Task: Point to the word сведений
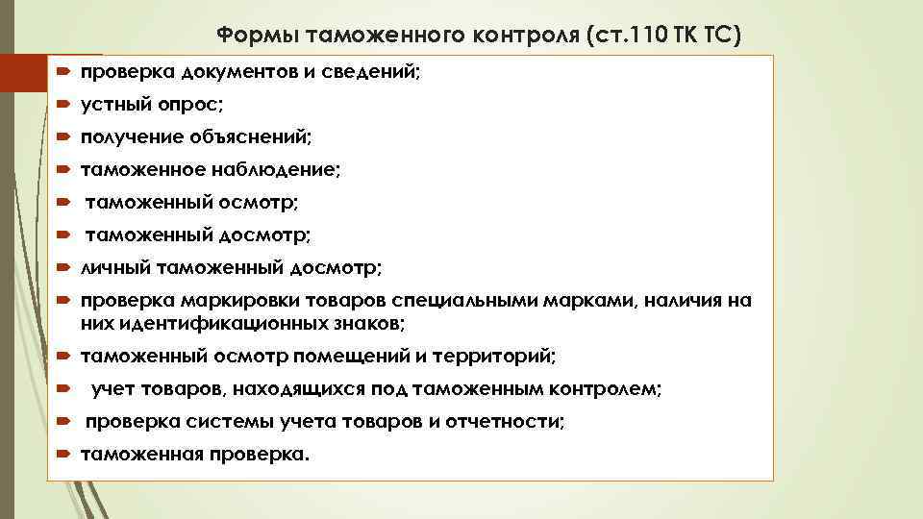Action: click(x=372, y=74)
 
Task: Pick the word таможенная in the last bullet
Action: click(x=140, y=455)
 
